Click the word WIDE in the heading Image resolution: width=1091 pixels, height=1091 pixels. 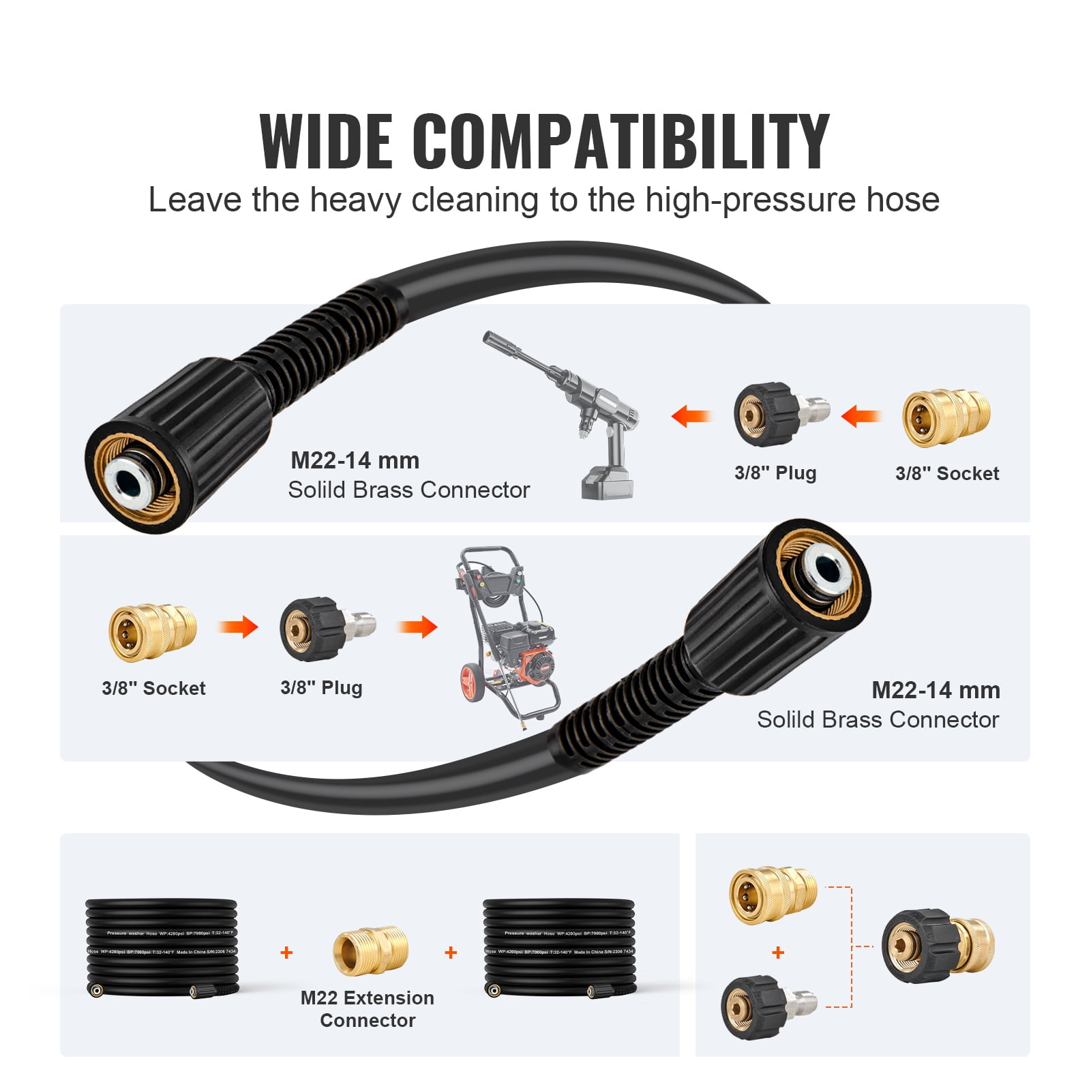click(x=327, y=141)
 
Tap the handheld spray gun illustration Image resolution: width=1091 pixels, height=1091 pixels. click(x=580, y=409)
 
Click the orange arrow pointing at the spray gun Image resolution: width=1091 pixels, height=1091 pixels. click(x=691, y=415)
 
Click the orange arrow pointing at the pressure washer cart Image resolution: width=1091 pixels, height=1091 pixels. click(x=417, y=626)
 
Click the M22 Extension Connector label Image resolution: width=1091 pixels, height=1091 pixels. click(x=368, y=1008)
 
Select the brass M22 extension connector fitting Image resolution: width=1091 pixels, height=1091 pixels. click(x=370, y=950)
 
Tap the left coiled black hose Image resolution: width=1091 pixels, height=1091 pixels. click(x=162, y=948)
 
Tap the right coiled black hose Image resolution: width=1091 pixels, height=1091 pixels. click(x=558, y=948)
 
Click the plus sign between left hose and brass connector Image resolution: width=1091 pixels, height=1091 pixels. click(x=286, y=953)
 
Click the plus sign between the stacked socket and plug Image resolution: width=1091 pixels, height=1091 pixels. click(x=778, y=953)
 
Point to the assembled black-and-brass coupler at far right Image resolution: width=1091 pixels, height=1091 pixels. click(x=938, y=946)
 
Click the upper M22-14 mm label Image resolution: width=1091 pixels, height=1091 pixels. click(x=355, y=460)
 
